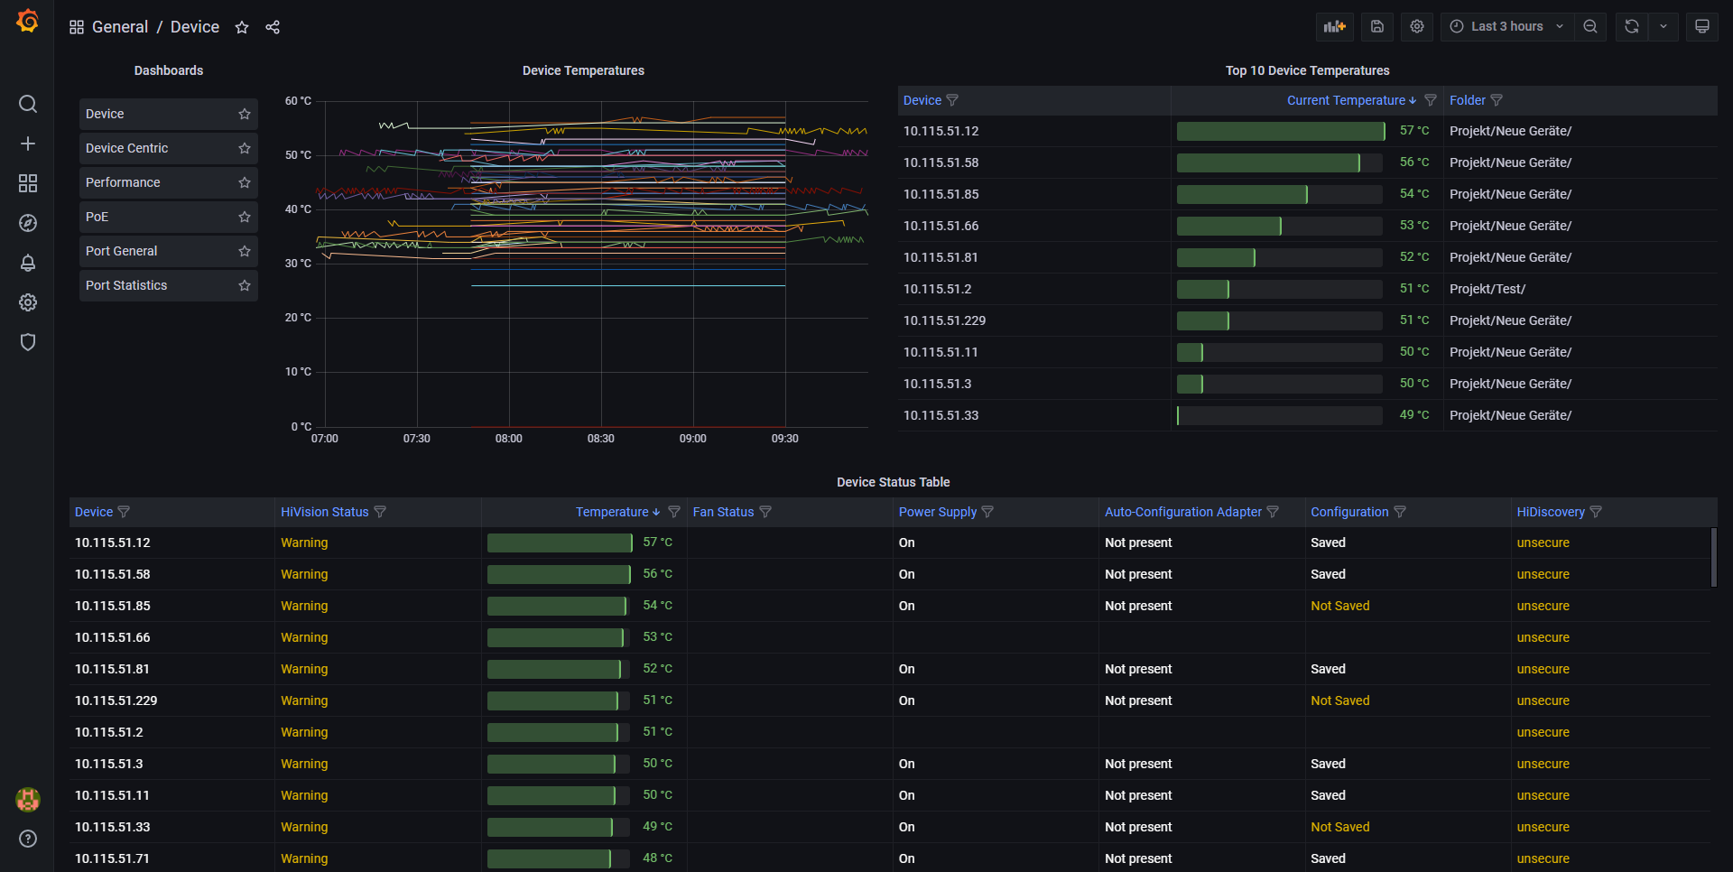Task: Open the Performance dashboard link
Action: pos(123,182)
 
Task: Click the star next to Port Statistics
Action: pos(245,285)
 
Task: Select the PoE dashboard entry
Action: pos(97,217)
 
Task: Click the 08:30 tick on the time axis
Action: pos(600,439)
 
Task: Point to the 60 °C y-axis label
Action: pos(298,101)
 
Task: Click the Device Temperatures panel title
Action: pos(583,70)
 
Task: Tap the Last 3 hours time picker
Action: pos(1506,27)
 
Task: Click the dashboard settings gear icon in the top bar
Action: pos(1417,27)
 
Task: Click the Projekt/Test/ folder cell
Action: pos(1487,289)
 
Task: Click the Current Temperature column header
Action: pos(1345,100)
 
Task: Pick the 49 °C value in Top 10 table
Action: pos(1413,415)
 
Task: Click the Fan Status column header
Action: pos(723,512)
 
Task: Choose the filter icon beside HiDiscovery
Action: pos(1596,512)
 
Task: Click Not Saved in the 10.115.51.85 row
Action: pos(1339,606)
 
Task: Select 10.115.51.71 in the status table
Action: pos(112,858)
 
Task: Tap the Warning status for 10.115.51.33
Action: pos(304,827)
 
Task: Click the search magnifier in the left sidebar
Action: pos(28,104)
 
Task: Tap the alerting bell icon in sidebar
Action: pos(28,263)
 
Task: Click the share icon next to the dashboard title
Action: pos(273,27)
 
